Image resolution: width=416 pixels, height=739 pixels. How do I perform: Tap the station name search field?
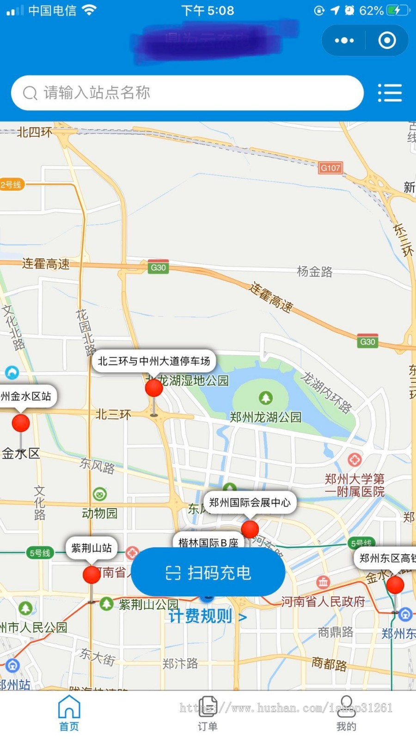[185, 93]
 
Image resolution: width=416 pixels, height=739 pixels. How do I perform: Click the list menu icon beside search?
[390, 93]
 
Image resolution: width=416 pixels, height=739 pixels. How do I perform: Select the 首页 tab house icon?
[69, 707]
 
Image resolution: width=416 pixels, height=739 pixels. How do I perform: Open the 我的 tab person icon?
[346, 707]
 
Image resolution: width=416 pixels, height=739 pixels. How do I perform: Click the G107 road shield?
[330, 168]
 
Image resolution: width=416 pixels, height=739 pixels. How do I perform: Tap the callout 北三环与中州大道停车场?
[154, 361]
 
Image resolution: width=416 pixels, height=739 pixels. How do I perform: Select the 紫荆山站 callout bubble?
[92, 548]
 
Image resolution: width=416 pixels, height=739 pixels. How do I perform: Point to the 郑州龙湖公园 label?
[265, 418]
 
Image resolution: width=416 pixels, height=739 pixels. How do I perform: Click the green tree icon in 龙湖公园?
[265, 397]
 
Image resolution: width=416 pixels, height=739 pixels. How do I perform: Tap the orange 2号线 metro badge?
[12, 185]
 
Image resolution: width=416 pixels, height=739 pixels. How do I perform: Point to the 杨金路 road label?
[315, 272]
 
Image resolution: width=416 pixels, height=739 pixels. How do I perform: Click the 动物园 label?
[99, 513]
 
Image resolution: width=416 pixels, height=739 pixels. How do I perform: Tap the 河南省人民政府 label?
[323, 601]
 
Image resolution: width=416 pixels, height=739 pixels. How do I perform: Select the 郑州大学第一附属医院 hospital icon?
[355, 460]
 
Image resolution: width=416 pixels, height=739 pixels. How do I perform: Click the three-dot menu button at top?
[344, 41]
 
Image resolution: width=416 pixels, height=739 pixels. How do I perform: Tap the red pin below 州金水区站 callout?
[21, 423]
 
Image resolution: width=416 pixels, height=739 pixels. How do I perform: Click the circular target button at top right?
[387, 41]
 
